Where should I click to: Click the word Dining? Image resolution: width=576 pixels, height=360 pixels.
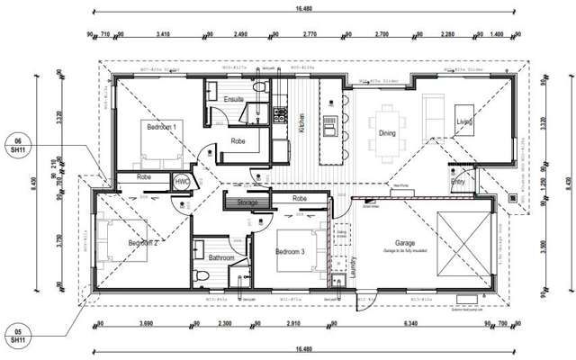(387, 133)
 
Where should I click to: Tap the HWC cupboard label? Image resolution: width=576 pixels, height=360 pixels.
(182, 181)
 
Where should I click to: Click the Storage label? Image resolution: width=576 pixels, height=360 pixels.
(247, 203)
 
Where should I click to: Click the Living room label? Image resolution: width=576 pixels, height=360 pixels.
(464, 121)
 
